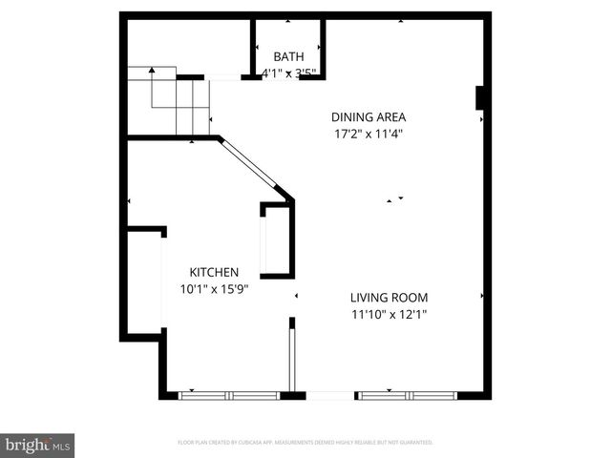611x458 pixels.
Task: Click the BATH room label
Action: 289,56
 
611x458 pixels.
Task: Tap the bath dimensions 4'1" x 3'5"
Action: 289,72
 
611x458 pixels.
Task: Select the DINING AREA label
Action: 362,117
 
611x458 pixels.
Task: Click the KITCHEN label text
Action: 214,272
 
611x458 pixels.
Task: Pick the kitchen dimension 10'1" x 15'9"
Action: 214,288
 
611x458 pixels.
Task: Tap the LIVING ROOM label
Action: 388,297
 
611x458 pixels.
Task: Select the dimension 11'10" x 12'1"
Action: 388,313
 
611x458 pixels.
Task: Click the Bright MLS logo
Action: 38,445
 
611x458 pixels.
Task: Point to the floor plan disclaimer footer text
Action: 305,443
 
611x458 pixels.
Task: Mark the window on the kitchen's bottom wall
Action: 229,394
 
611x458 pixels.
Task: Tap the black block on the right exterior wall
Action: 482,98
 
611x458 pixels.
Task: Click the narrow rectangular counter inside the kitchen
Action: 269,241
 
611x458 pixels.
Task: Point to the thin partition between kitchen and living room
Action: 292,357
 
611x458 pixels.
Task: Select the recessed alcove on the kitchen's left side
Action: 146,281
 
